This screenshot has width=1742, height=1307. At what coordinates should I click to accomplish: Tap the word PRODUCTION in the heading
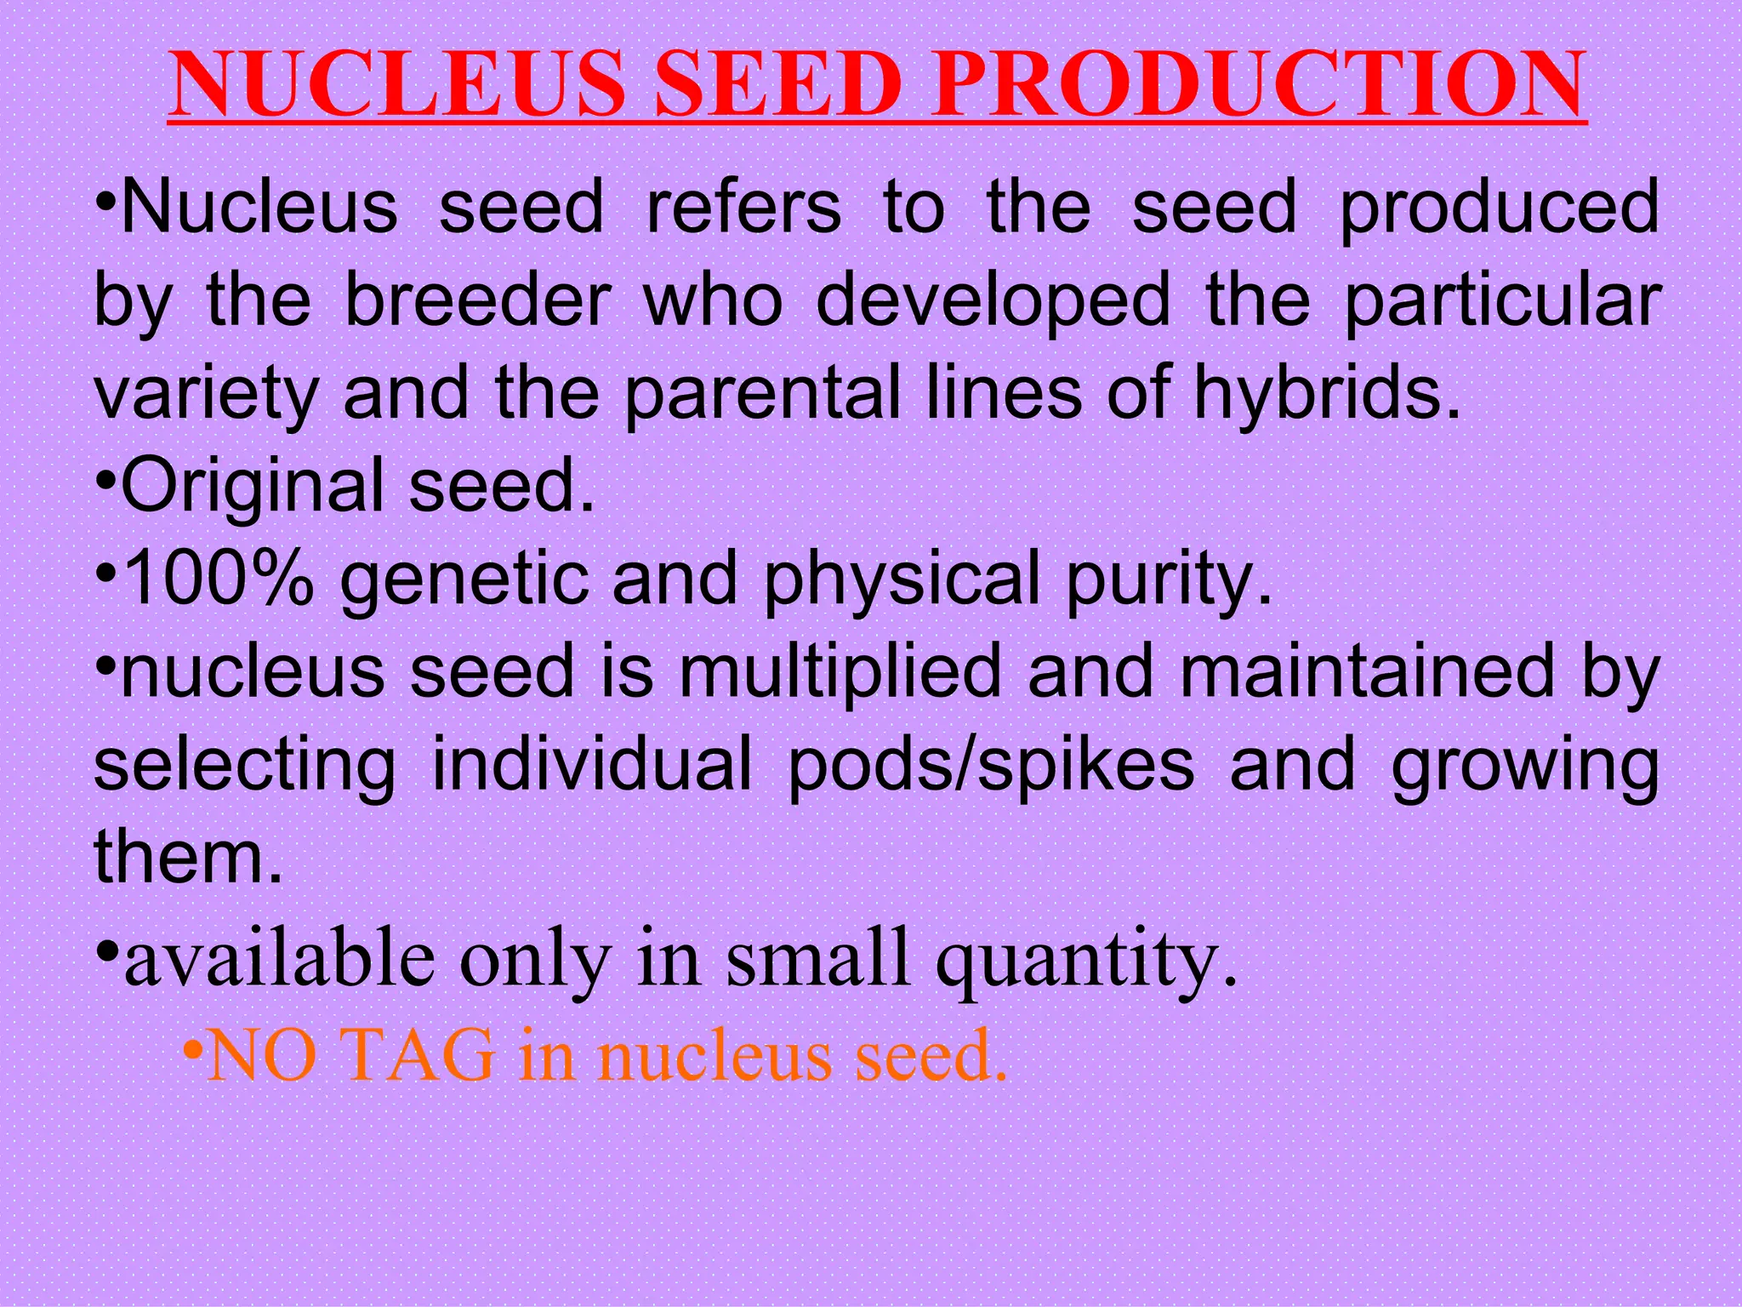1258,85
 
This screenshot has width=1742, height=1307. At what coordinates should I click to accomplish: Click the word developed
993,301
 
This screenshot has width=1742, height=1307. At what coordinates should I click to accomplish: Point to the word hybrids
1328,393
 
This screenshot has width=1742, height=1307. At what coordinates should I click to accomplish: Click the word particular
1502,301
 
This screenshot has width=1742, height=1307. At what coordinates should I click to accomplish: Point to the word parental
762,393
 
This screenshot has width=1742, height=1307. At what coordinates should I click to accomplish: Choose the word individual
592,764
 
